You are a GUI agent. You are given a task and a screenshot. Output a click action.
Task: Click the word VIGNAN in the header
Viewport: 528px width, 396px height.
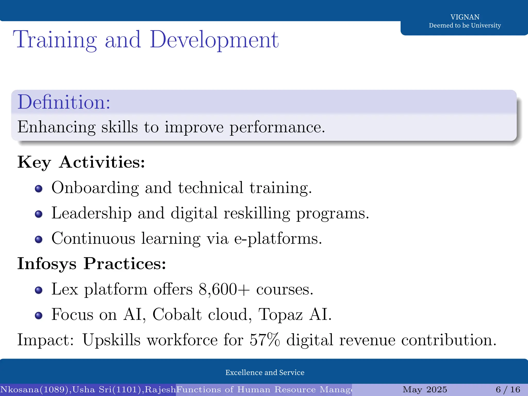point(465,17)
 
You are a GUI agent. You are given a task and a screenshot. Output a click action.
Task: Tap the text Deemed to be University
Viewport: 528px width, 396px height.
point(465,26)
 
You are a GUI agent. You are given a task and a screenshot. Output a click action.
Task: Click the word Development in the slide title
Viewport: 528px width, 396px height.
point(214,40)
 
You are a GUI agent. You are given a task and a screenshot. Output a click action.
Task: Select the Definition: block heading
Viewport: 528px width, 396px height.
point(64,102)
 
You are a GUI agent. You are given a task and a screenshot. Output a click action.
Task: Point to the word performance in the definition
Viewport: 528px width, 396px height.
point(277,127)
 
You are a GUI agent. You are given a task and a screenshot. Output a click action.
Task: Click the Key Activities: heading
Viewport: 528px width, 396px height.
point(81,162)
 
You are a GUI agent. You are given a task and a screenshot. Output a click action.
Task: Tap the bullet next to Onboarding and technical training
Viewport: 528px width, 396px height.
point(39,189)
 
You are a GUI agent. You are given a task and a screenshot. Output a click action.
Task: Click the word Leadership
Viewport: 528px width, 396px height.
point(92,213)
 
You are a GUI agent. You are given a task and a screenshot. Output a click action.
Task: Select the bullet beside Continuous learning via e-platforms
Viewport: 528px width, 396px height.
point(39,240)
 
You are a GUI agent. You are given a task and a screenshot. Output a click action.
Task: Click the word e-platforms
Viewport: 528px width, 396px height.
point(278,239)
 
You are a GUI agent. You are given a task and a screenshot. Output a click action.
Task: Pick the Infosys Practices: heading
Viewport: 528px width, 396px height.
point(92,264)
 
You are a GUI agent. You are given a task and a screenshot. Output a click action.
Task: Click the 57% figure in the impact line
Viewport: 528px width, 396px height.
point(265,340)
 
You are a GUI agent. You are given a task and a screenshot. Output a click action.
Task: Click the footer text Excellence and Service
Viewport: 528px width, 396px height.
point(265,373)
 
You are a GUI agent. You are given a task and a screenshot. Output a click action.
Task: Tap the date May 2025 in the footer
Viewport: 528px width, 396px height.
point(425,390)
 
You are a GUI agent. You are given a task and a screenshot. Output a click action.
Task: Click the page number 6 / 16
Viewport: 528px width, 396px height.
point(508,390)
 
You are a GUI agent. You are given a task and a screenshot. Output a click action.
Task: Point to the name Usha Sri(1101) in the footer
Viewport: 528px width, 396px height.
point(108,390)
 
